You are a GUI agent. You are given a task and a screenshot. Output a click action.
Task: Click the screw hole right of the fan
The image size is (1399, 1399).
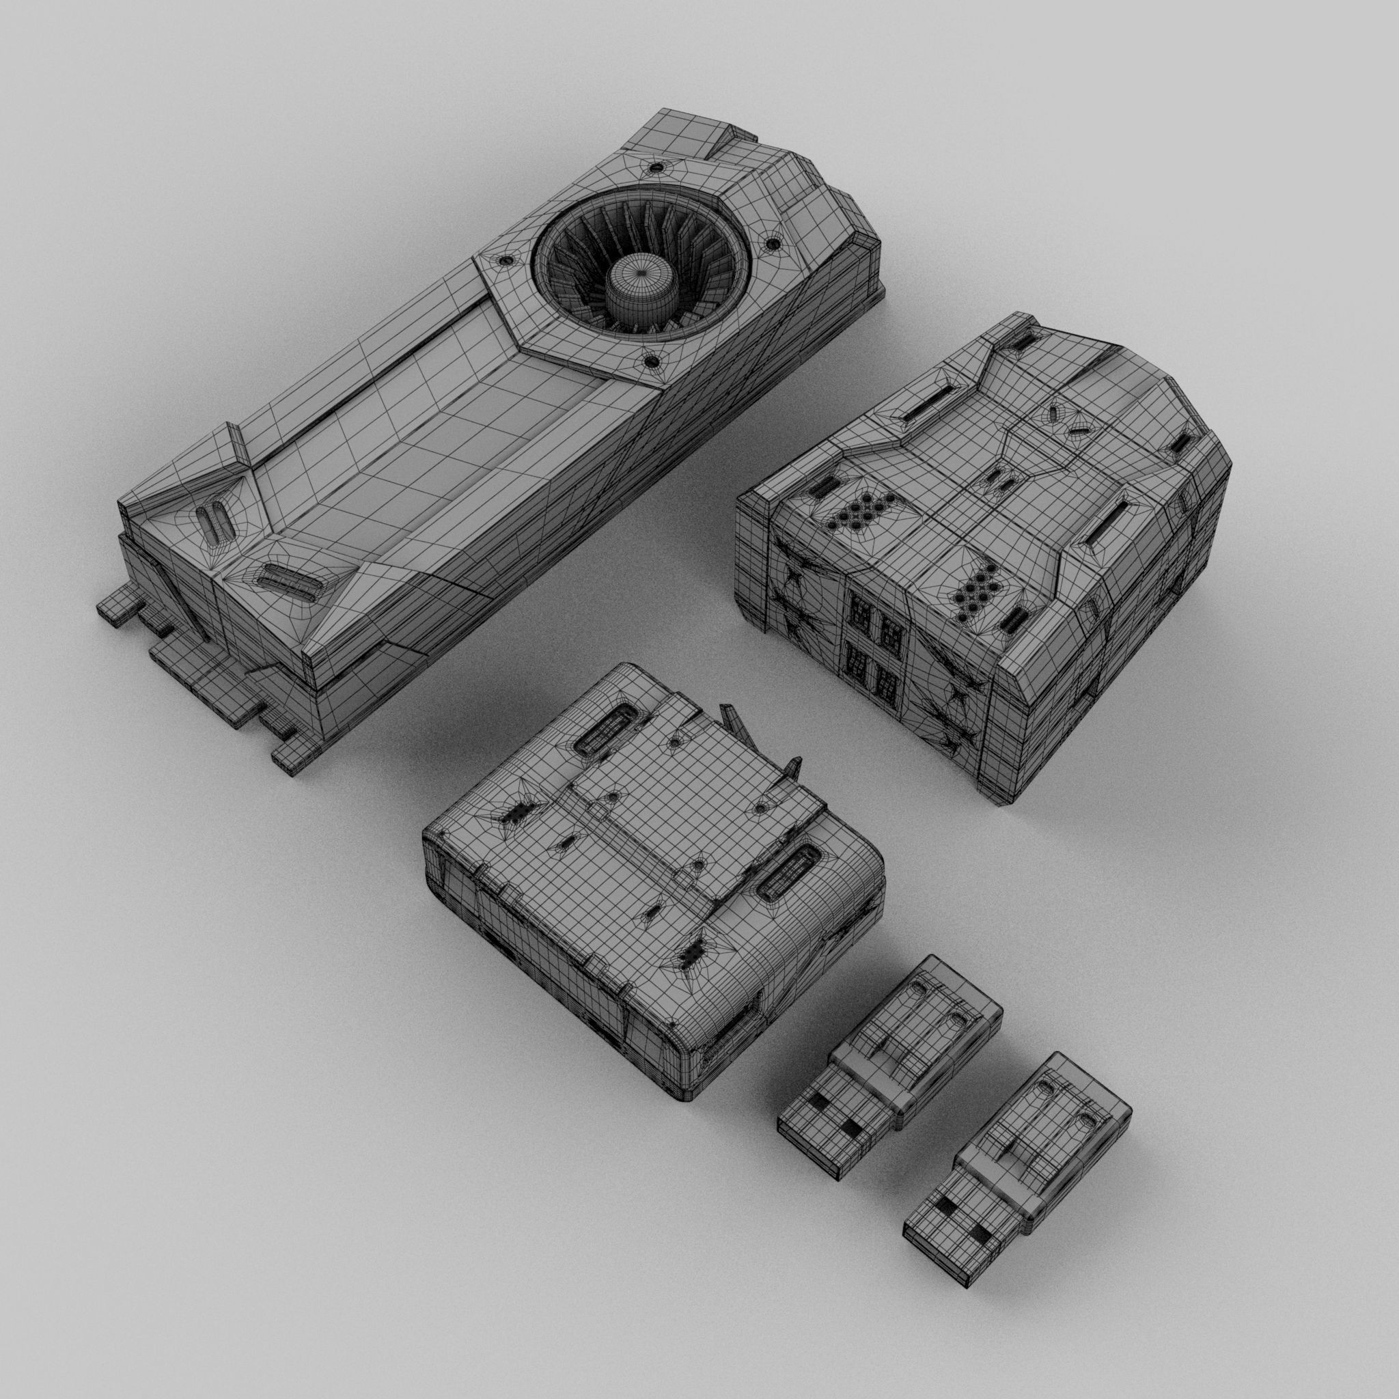click(x=775, y=245)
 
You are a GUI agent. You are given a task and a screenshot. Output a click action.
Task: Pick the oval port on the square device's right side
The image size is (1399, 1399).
click(x=792, y=878)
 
